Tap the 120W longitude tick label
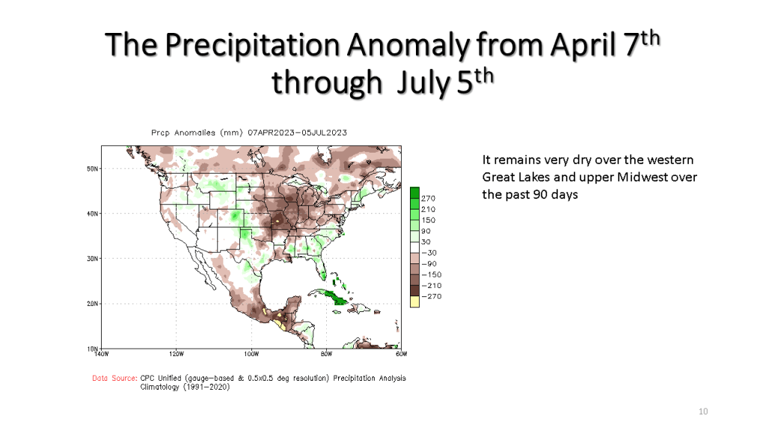(177, 354)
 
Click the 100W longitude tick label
(251, 354)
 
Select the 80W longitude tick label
(326, 354)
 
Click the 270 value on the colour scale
(429, 198)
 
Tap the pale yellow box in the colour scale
(414, 301)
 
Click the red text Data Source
(114, 379)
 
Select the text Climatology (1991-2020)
(180, 387)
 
